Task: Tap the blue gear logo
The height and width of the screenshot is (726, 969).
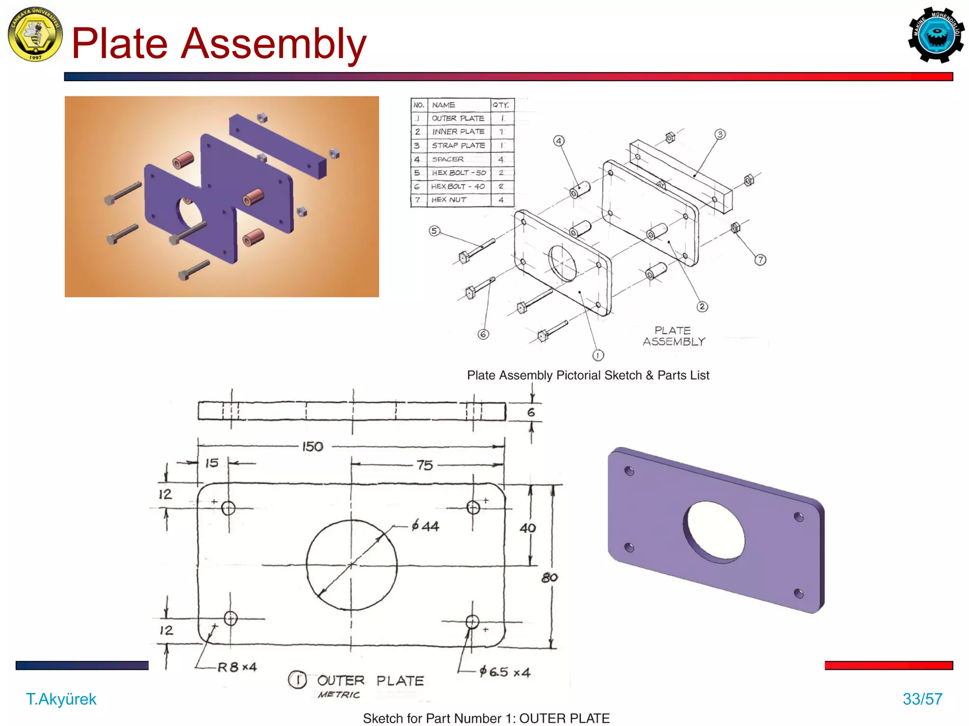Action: (936, 35)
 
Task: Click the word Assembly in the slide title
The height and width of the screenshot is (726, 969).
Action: (273, 44)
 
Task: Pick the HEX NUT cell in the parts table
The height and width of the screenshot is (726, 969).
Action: (449, 200)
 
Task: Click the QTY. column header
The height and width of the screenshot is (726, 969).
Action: (501, 105)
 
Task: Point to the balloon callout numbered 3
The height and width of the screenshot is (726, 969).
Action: (720, 134)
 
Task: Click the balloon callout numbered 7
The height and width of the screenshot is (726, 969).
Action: (760, 259)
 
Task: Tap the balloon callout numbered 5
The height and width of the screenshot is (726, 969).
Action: (434, 231)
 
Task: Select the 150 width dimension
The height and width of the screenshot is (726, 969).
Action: (312, 447)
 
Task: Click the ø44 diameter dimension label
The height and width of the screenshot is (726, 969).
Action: (425, 526)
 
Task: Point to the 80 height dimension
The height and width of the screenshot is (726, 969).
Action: (549, 578)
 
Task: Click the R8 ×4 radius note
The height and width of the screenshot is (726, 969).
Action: (237, 667)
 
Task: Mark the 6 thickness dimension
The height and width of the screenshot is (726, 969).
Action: (531, 413)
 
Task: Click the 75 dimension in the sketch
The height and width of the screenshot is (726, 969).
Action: (424, 466)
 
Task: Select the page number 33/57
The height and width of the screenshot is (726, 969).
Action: (922, 699)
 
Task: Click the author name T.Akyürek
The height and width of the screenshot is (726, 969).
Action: (61, 699)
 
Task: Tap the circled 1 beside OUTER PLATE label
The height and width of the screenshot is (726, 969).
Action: (298, 680)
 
